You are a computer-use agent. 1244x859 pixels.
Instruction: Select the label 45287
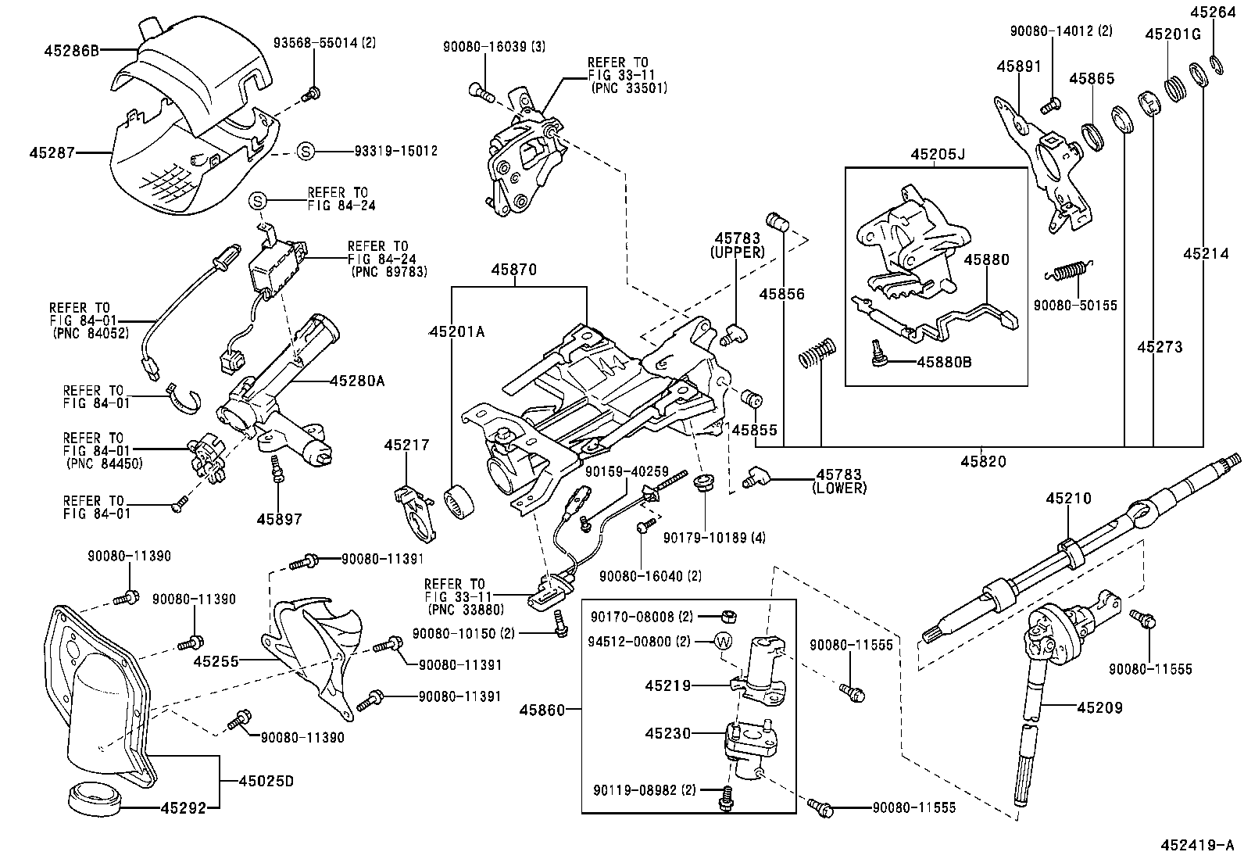[52, 152]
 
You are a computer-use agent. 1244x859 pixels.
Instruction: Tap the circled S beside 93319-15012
[306, 151]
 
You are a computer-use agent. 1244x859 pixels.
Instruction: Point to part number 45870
[513, 270]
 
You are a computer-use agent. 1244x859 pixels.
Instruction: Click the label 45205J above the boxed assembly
[938, 155]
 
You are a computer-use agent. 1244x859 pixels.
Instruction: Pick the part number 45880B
[944, 362]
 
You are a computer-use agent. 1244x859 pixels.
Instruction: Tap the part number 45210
[1070, 499]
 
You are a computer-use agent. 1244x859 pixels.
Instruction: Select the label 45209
[1099, 708]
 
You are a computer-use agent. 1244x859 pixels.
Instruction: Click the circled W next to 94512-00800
[724, 642]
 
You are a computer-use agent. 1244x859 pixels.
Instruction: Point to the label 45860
[542, 710]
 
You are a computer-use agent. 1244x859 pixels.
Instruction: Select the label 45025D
[266, 781]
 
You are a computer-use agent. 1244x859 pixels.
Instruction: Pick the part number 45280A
[357, 381]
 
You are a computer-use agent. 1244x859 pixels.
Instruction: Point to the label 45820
[983, 461]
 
